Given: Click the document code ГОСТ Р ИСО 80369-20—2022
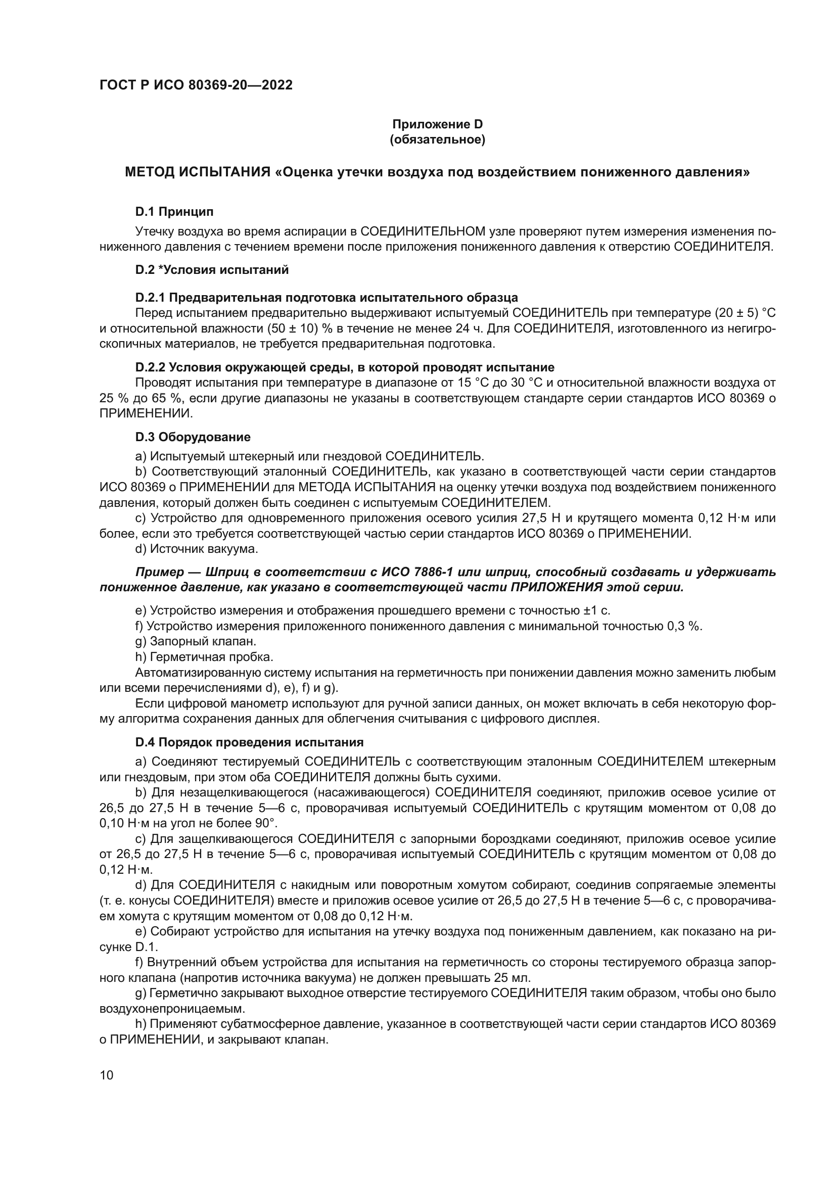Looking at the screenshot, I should tap(196, 85).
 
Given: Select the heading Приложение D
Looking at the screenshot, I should tap(438, 124).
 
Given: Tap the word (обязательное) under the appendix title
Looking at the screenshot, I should tap(438, 139).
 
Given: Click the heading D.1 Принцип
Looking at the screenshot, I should tap(174, 212).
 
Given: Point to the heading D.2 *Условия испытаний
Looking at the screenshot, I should tap(212, 270).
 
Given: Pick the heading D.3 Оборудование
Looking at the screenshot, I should tap(193, 437).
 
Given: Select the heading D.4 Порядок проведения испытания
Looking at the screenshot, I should tap(249, 742).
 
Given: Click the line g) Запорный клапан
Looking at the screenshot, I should tap(196, 641).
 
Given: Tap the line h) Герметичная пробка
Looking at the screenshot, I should tap(204, 657).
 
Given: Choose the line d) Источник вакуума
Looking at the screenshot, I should tap(196, 549).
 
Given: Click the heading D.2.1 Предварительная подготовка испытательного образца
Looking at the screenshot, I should tap(327, 298).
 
